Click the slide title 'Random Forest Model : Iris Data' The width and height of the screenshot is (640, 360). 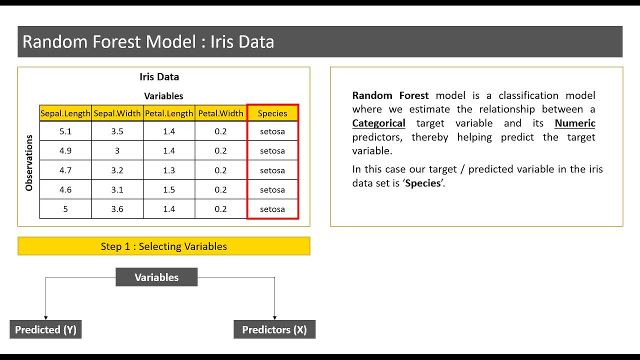pyautogui.click(x=148, y=41)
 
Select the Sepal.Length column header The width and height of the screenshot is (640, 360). pyautogui.click(x=65, y=113)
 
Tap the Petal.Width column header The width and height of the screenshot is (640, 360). pyautogui.click(x=220, y=113)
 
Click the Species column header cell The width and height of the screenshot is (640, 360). pyautogui.click(x=272, y=113)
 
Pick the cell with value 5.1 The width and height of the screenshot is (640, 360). pyautogui.click(x=65, y=131)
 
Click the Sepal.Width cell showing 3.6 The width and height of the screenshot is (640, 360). pyautogui.click(x=117, y=209)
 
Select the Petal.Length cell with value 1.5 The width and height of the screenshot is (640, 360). pyautogui.click(x=169, y=189)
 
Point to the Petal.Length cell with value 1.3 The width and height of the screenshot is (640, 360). pyautogui.click(x=169, y=170)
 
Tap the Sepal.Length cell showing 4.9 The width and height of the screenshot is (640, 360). pyautogui.click(x=65, y=151)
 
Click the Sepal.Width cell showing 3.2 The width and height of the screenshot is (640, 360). pyautogui.click(x=117, y=170)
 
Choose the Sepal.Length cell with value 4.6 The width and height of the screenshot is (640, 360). pyautogui.click(x=65, y=189)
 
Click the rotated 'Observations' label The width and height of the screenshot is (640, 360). pyautogui.click(x=29, y=162)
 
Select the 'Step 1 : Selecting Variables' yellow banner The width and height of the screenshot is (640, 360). pyautogui.click(x=163, y=246)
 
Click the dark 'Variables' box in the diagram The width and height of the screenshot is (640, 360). pyautogui.click(x=156, y=277)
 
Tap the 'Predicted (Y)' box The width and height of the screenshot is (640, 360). pyautogui.click(x=45, y=330)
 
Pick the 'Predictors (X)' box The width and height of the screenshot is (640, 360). pyautogui.click(x=274, y=330)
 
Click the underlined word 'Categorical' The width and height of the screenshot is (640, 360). pyautogui.click(x=378, y=123)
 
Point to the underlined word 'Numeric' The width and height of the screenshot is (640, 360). pyautogui.click(x=575, y=123)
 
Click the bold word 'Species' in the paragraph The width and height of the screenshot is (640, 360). pyautogui.click(x=423, y=183)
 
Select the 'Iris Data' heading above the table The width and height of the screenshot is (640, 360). pyautogui.click(x=159, y=77)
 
